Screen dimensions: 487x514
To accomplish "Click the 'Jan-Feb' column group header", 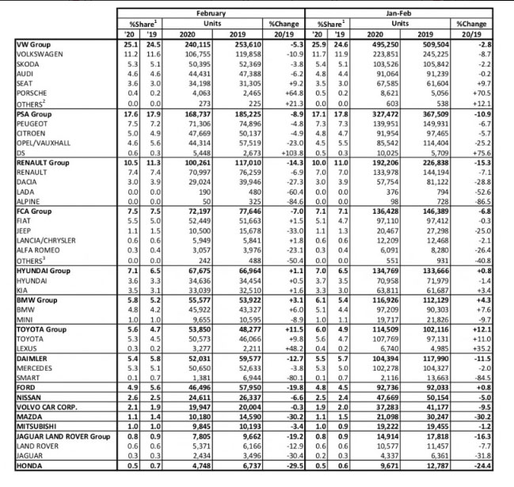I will click(403, 13).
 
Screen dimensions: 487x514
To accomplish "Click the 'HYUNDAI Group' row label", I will click(44, 269).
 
